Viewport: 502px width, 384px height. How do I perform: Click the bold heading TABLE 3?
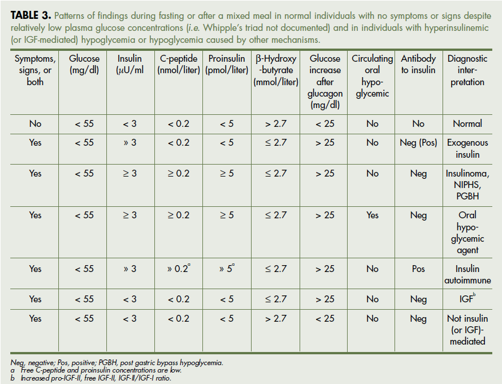point(30,15)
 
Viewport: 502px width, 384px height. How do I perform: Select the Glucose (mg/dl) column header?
point(84,64)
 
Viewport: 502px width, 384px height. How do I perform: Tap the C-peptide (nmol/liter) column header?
point(178,64)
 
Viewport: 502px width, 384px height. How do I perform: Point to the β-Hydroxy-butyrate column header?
point(276,70)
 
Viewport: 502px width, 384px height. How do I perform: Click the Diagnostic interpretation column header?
point(467,70)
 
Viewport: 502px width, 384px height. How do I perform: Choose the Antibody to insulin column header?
point(418,64)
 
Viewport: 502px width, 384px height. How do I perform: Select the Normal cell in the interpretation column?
point(467,123)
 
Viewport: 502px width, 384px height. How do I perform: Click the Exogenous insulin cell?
point(467,149)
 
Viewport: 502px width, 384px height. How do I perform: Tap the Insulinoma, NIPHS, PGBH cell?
point(467,185)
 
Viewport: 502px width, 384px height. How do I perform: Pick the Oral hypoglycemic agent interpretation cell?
point(467,233)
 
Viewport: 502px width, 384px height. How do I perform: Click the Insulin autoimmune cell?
point(467,274)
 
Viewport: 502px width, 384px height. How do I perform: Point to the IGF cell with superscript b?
point(467,298)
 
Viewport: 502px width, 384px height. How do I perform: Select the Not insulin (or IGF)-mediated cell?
point(467,330)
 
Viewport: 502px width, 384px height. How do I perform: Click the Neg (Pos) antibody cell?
point(418,143)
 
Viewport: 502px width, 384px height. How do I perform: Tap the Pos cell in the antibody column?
point(418,269)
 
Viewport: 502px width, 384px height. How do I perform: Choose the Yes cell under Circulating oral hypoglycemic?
point(372,215)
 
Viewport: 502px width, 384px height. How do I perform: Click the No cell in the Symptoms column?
point(35,123)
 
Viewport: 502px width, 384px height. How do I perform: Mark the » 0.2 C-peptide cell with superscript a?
point(178,269)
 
